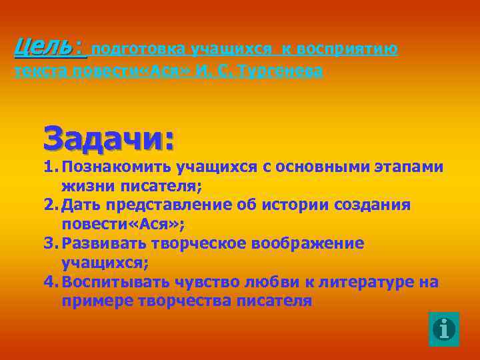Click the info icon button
coord(443,329)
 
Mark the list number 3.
coord(49,243)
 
